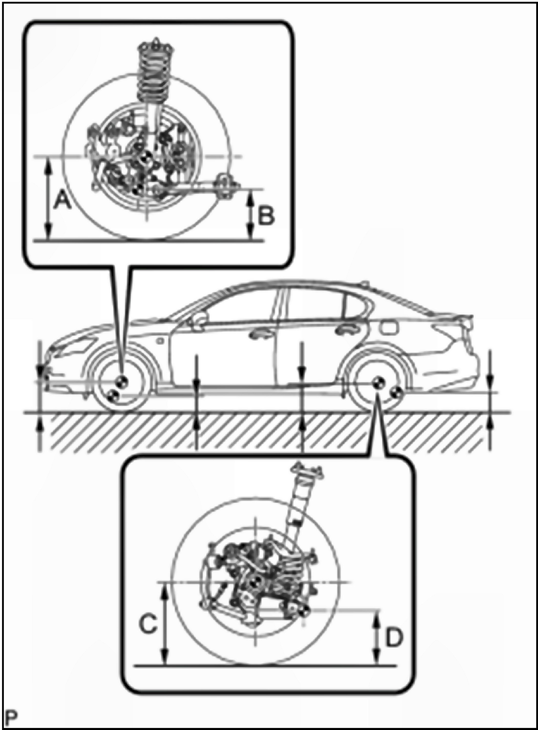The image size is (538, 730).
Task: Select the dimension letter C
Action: tap(148, 614)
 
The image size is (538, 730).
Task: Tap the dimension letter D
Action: tap(394, 628)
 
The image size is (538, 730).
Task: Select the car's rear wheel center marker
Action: tap(378, 383)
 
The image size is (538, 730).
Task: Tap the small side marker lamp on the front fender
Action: tap(160, 341)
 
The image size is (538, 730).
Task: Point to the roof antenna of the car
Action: tap(366, 283)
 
